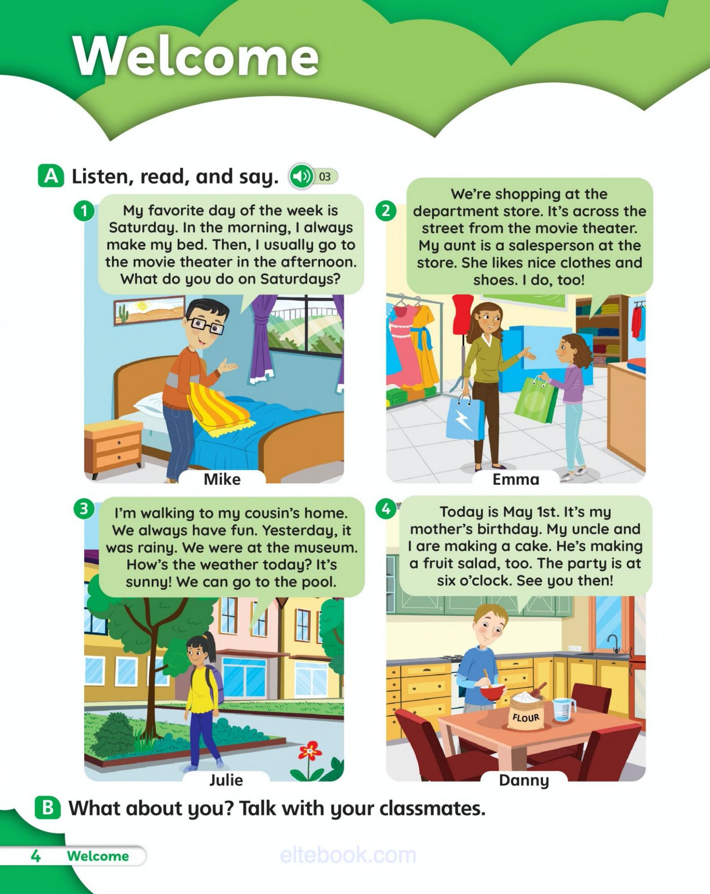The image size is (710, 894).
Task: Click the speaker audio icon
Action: pos(301,176)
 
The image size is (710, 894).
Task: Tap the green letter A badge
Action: pos(51,176)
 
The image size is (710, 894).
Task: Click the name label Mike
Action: pos(222,479)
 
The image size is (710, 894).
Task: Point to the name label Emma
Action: pos(516,479)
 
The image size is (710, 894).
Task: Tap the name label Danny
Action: pos(524,780)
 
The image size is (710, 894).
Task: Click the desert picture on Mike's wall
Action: pos(150,310)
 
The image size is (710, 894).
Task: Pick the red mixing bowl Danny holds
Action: pos(492,695)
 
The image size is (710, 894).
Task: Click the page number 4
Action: pos(35,856)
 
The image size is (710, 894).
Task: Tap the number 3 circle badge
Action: pos(84,509)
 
